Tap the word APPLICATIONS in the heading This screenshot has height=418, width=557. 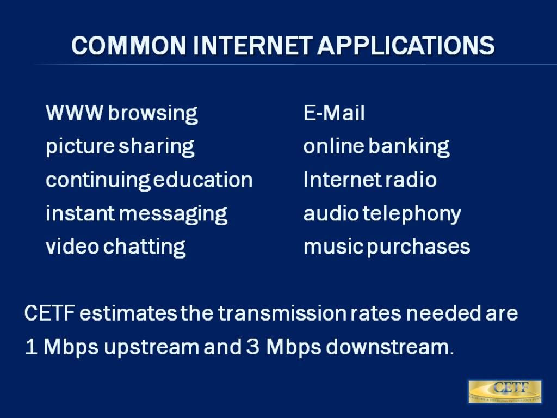406,46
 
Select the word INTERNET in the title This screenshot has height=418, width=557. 253,46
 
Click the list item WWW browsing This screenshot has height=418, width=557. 122,114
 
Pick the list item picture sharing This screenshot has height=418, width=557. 120,147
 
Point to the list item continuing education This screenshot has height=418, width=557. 149,180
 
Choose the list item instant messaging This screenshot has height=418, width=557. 137,214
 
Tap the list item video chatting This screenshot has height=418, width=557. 116,247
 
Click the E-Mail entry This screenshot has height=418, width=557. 334,114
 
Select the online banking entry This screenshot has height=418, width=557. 376,147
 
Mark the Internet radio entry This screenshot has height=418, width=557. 370,180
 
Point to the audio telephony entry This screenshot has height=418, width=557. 382,214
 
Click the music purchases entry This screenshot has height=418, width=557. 387,247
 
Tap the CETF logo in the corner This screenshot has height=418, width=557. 505,392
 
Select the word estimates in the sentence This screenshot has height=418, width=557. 131,314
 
